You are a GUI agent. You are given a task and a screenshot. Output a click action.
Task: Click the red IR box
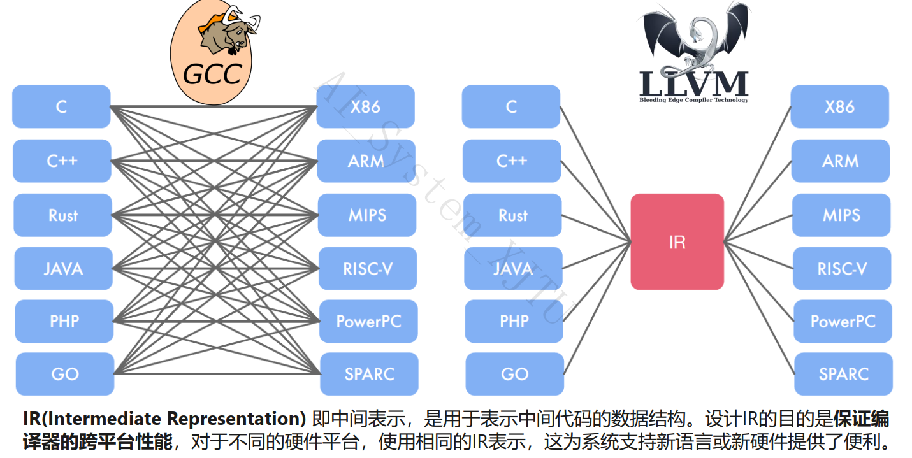pos(677,241)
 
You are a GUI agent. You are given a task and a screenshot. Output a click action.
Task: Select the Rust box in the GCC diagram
pos(62,215)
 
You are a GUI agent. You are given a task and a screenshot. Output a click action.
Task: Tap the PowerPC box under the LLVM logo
pos(843,321)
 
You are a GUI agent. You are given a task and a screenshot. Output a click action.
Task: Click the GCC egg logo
pos(213,54)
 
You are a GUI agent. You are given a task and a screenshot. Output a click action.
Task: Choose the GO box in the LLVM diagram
pos(514,374)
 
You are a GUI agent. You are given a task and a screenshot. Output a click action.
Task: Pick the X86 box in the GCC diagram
pos(365,106)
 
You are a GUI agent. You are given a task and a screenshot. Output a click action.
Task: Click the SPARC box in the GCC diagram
pos(369,374)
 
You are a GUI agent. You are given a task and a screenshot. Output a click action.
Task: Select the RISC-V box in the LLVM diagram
pos(841,268)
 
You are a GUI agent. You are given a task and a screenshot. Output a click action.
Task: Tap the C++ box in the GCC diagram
pos(62,161)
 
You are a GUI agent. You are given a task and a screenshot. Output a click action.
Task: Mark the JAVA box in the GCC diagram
pos(63,268)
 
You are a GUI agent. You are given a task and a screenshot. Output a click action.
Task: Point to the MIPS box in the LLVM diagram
pos(841,215)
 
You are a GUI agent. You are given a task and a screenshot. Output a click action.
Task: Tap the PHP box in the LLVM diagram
pos(514,321)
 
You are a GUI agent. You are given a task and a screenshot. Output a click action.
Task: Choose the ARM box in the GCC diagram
pos(366,161)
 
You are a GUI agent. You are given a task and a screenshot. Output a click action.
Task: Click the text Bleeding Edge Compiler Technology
pos(693,100)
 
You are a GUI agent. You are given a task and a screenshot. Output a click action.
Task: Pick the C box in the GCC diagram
pos(61,106)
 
